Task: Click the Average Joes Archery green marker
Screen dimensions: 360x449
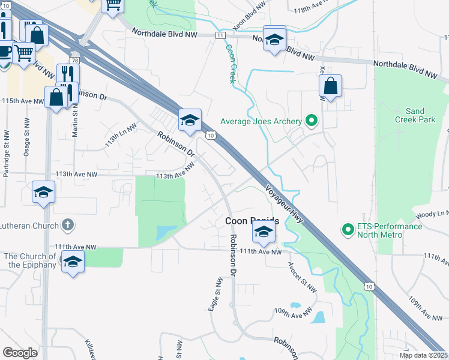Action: pyautogui.click(x=311, y=121)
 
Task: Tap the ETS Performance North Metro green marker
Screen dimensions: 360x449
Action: pyautogui.click(x=347, y=230)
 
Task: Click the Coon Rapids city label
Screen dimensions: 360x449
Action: pyautogui.click(x=252, y=221)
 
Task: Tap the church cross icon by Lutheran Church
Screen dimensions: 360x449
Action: pyautogui.click(x=68, y=226)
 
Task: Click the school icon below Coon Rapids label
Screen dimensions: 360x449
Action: pyautogui.click(x=264, y=231)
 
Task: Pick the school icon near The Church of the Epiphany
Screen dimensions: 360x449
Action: pyautogui.click(x=73, y=262)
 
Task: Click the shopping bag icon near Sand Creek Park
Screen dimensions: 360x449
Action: pyautogui.click(x=331, y=86)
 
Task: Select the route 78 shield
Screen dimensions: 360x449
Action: pyautogui.click(x=74, y=61)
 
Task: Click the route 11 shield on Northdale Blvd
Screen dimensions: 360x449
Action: pyautogui.click(x=221, y=36)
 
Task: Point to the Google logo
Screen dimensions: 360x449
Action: pyautogui.click(x=20, y=353)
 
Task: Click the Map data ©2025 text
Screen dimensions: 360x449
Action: pyautogui.click(x=423, y=355)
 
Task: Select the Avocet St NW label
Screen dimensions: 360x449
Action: pyautogui.click(x=303, y=277)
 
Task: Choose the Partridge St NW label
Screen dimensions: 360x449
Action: pyautogui.click(x=6, y=152)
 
